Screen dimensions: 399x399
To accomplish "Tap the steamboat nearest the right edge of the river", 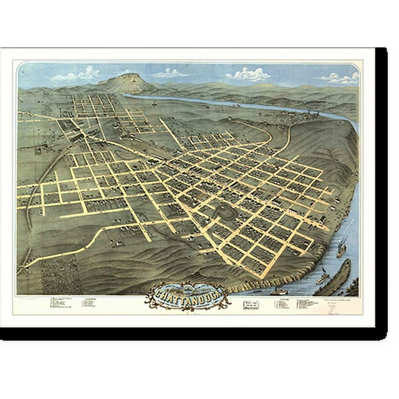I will pyautogui.click(x=341, y=249).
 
